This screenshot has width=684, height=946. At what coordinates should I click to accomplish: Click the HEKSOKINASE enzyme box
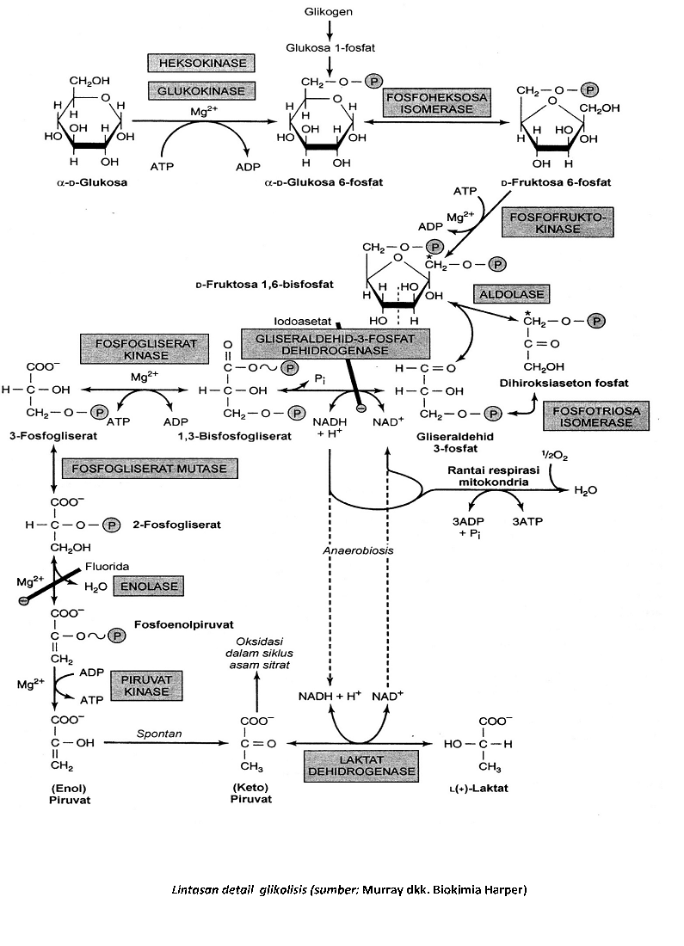click(198, 63)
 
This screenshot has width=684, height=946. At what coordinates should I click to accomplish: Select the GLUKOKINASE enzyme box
click(198, 90)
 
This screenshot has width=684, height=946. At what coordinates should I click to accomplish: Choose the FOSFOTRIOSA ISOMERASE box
click(585, 418)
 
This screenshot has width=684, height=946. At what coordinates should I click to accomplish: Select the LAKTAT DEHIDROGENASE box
click(360, 765)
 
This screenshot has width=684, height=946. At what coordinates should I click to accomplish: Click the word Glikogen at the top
click(328, 12)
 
